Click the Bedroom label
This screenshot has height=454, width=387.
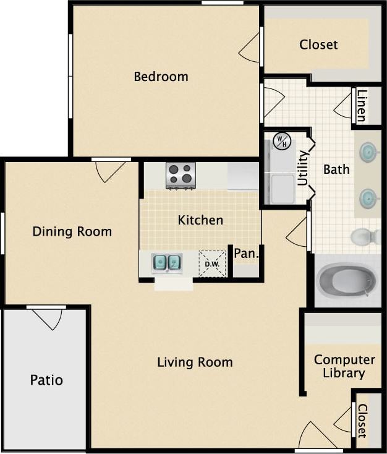(x=161, y=77)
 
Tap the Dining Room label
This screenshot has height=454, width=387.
(x=72, y=231)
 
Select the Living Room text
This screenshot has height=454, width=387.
(x=195, y=362)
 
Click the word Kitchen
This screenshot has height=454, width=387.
(x=200, y=220)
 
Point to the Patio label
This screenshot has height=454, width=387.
(x=46, y=379)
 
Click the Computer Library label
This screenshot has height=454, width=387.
(x=344, y=366)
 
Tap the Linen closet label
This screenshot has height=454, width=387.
(x=362, y=106)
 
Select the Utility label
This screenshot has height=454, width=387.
(x=303, y=168)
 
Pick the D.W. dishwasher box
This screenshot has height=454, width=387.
(x=212, y=264)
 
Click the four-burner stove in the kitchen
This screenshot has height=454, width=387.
(x=181, y=174)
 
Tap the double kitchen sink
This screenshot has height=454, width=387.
(x=167, y=262)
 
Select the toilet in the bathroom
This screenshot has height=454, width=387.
(x=365, y=236)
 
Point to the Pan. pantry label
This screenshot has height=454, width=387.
(x=245, y=253)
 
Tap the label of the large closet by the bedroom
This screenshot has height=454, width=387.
(x=318, y=45)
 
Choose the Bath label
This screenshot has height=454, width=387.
(x=336, y=169)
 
